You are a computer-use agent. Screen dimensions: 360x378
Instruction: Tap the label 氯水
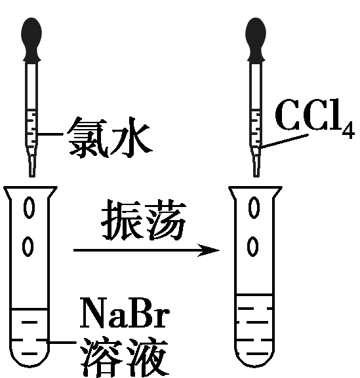[110, 138]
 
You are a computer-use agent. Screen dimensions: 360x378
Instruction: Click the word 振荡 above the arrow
[144, 220]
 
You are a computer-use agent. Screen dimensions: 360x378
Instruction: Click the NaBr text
[125, 312]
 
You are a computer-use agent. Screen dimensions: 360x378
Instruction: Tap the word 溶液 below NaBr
[124, 357]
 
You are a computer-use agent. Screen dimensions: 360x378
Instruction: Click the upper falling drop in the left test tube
[30, 208]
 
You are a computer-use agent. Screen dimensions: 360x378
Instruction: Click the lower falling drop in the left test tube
[28, 247]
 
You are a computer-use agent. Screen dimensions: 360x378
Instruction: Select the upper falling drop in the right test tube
[254, 208]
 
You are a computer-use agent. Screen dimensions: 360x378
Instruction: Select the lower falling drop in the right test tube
[253, 247]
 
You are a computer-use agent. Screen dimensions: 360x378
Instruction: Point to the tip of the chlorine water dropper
[32, 176]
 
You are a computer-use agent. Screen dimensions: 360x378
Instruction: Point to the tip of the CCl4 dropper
[256, 176]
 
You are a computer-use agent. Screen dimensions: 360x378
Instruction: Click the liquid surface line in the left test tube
[29, 309]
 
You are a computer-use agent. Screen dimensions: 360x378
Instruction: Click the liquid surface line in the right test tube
[254, 294]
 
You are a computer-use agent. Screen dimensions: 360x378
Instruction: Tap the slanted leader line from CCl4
[284, 141]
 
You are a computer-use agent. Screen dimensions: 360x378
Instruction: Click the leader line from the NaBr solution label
[61, 342]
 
